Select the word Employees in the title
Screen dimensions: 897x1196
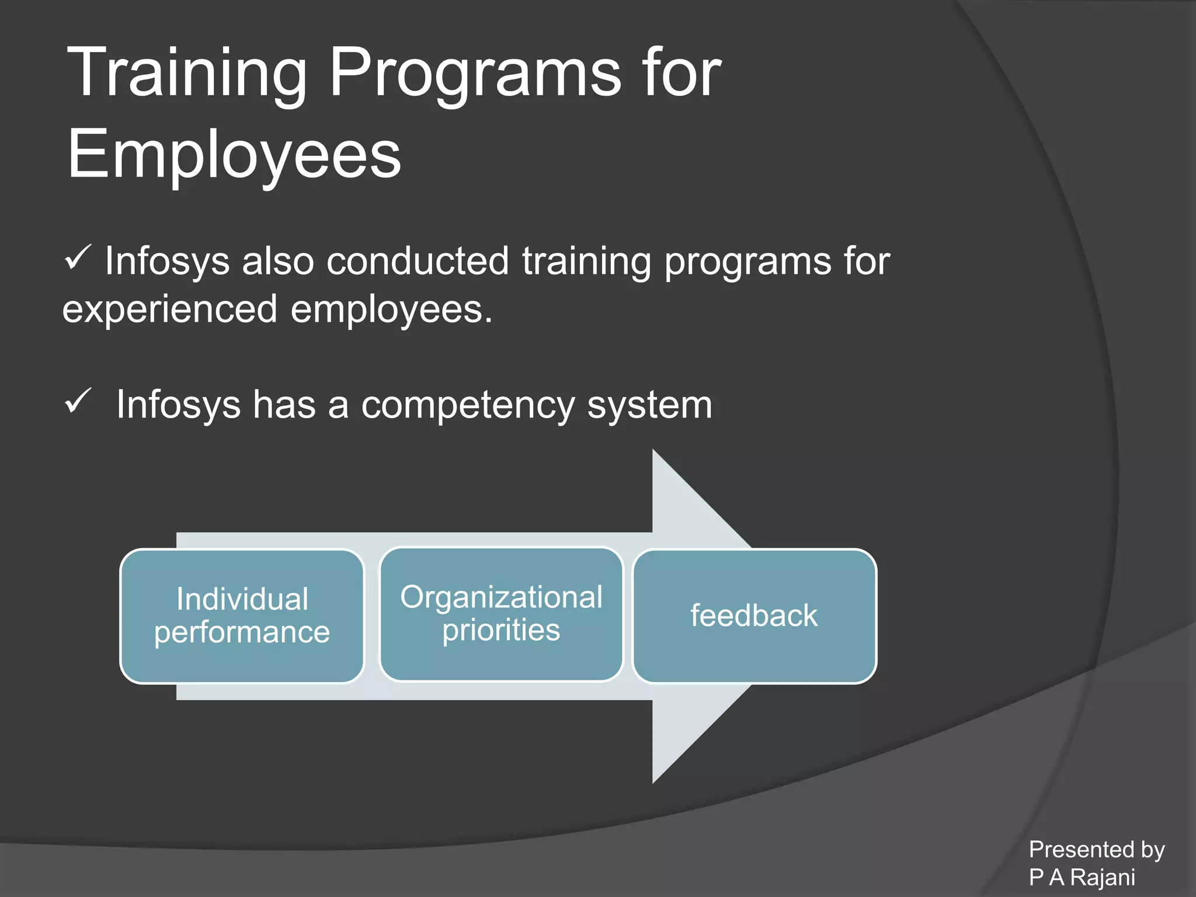[234, 155]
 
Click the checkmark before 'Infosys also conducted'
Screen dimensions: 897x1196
[78, 258]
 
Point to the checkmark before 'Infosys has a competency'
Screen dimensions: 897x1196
[78, 401]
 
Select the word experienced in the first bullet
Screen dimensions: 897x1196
[169, 310]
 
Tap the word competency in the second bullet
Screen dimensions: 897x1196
[468, 405]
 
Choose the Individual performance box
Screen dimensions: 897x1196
[242, 616]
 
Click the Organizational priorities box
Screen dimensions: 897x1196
[501, 614]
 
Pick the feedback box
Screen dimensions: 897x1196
[754, 616]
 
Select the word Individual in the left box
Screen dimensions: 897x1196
[242, 600]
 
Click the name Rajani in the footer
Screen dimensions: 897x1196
[1103, 877]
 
